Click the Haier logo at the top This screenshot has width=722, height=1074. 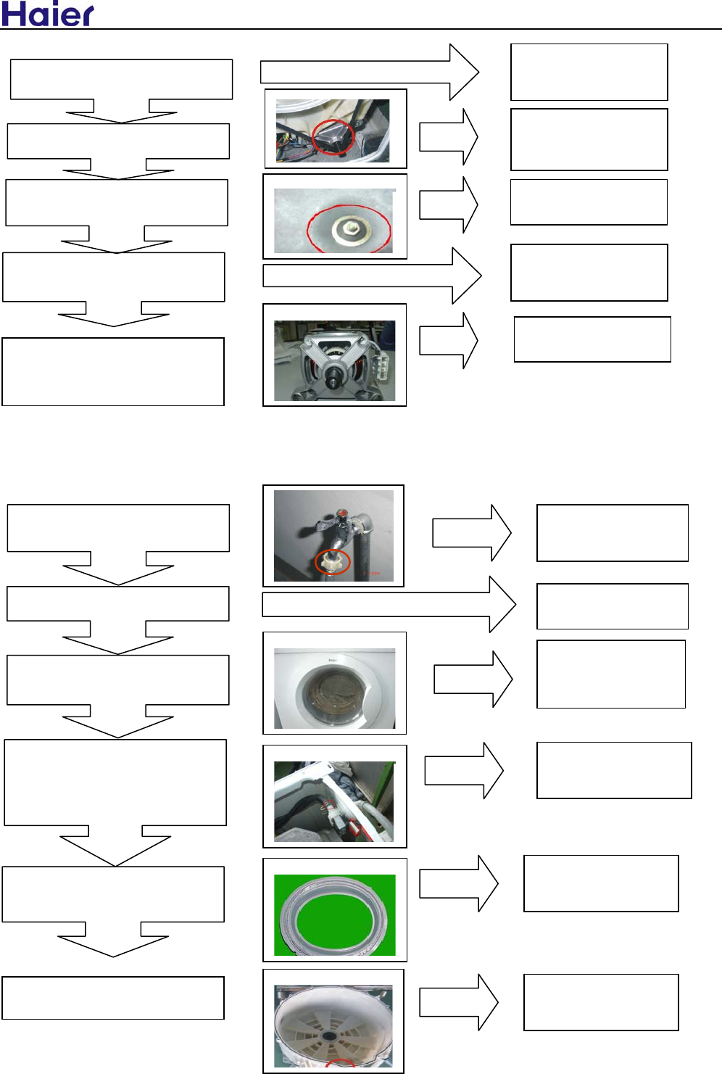tap(48, 14)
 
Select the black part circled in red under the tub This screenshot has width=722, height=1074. tap(333, 136)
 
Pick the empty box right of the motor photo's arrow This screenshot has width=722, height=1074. tap(592, 339)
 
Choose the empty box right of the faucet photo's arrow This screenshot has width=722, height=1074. tap(612, 533)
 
